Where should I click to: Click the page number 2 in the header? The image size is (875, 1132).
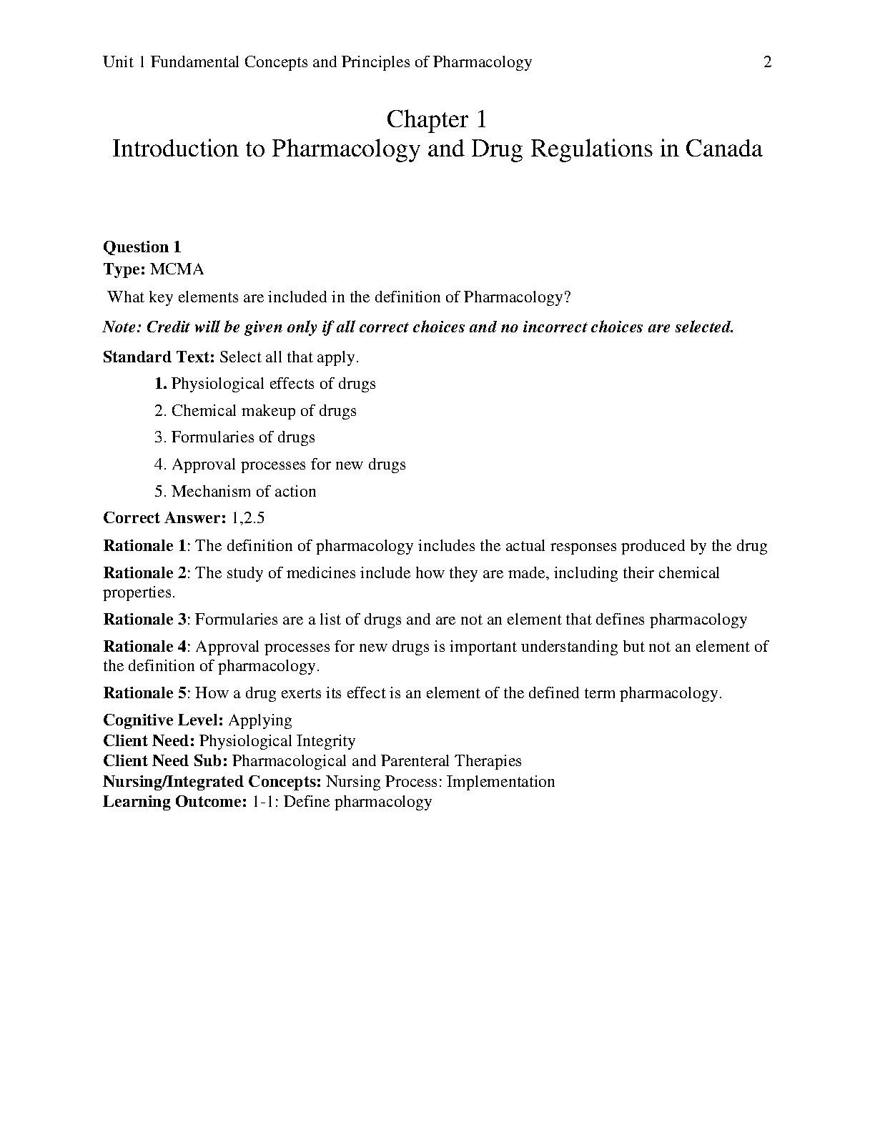[768, 62]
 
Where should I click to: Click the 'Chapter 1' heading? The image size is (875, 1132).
[436, 119]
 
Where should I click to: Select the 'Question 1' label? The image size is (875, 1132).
[142, 247]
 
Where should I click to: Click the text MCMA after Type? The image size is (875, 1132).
[177, 269]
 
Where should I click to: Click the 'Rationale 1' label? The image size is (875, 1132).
[145, 546]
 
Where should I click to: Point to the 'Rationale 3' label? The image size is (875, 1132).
[145, 620]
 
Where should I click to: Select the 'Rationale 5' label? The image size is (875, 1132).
[145, 693]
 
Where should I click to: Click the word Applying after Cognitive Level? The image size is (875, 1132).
[260, 720]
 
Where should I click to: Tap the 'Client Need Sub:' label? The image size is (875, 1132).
[165, 761]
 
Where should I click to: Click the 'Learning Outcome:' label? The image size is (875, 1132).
[174, 802]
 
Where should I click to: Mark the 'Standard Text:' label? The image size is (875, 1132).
[159, 357]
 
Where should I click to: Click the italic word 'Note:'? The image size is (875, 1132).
[123, 327]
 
